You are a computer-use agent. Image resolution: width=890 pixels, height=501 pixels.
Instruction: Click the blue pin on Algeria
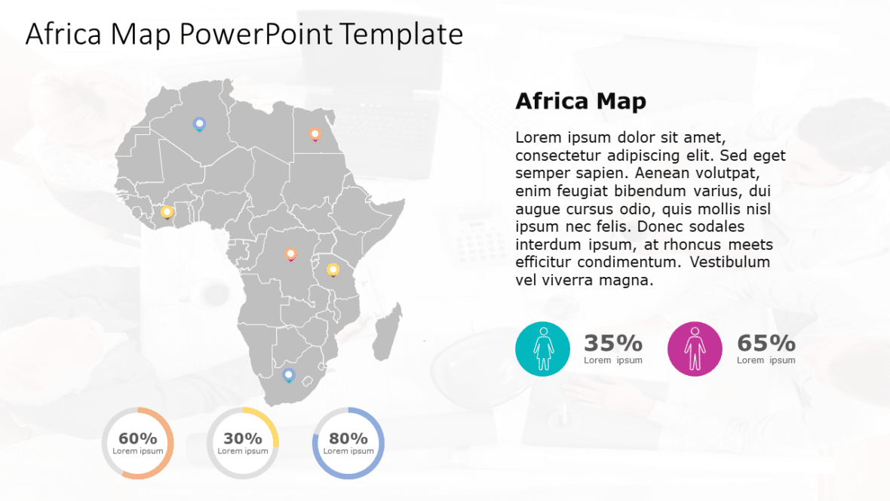tap(199, 124)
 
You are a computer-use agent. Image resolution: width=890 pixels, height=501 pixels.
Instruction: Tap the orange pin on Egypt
tap(315, 134)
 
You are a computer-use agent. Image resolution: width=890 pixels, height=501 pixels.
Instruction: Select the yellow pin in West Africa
tap(167, 212)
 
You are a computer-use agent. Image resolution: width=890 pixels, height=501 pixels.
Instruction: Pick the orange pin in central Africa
tap(290, 254)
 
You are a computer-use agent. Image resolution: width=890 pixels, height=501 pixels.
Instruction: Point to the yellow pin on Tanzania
tap(333, 269)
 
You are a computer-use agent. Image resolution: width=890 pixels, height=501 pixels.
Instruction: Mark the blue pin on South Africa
tap(288, 374)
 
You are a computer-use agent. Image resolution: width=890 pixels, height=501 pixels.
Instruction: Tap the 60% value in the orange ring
tap(137, 438)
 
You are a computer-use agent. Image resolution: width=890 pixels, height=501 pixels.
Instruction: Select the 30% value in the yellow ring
tap(243, 438)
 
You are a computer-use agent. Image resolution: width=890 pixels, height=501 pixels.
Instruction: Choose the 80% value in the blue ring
tap(348, 438)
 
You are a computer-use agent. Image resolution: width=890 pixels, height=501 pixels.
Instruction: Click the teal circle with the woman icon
tap(542, 349)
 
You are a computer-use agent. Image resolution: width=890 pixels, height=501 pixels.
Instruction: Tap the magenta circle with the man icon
tap(695, 349)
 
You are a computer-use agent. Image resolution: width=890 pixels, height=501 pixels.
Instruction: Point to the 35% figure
tap(613, 343)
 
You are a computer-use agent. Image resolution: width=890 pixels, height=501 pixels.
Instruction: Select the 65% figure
tap(766, 343)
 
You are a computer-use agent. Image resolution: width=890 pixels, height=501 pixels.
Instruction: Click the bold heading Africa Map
tap(580, 101)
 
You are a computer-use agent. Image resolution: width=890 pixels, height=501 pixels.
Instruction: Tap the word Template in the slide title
tap(401, 34)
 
